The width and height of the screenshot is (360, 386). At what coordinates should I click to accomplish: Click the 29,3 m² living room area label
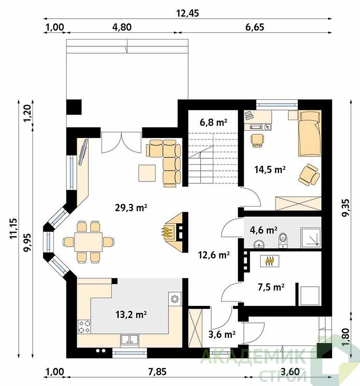[x=131, y=208]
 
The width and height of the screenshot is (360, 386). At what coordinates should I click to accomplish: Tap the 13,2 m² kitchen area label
[x=131, y=315]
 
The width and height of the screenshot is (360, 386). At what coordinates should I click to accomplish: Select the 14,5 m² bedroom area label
[x=270, y=169]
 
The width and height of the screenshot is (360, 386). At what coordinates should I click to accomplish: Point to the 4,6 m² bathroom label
[x=263, y=230]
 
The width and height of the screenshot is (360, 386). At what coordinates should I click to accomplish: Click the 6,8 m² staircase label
[x=213, y=122]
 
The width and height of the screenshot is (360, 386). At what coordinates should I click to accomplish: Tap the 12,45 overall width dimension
[x=188, y=13]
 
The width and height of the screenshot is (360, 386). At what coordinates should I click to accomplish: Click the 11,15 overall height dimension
[x=14, y=228]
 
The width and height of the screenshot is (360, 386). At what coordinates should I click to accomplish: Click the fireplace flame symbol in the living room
[x=167, y=232]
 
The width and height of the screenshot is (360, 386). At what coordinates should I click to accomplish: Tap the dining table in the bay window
[x=89, y=242]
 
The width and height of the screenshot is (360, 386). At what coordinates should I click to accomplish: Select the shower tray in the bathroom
[x=311, y=237]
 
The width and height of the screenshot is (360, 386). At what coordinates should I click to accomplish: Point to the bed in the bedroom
[x=310, y=133]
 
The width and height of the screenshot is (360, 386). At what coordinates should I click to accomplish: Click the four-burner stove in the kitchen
[x=84, y=327]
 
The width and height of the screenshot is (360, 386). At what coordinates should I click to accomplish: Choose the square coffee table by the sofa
[x=147, y=173]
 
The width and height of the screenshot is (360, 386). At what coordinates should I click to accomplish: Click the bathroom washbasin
[x=259, y=244]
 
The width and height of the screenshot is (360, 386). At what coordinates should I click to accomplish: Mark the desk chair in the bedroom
[x=258, y=140]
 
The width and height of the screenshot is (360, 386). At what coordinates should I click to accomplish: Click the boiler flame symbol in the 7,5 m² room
[x=270, y=261]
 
